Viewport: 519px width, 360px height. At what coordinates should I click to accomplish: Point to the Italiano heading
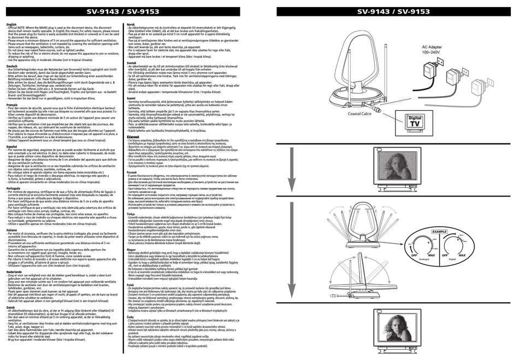11,230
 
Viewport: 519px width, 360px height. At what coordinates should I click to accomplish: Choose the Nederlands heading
14,271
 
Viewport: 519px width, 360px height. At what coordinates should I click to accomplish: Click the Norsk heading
131,25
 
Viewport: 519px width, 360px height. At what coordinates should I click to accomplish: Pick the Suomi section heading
132,98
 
